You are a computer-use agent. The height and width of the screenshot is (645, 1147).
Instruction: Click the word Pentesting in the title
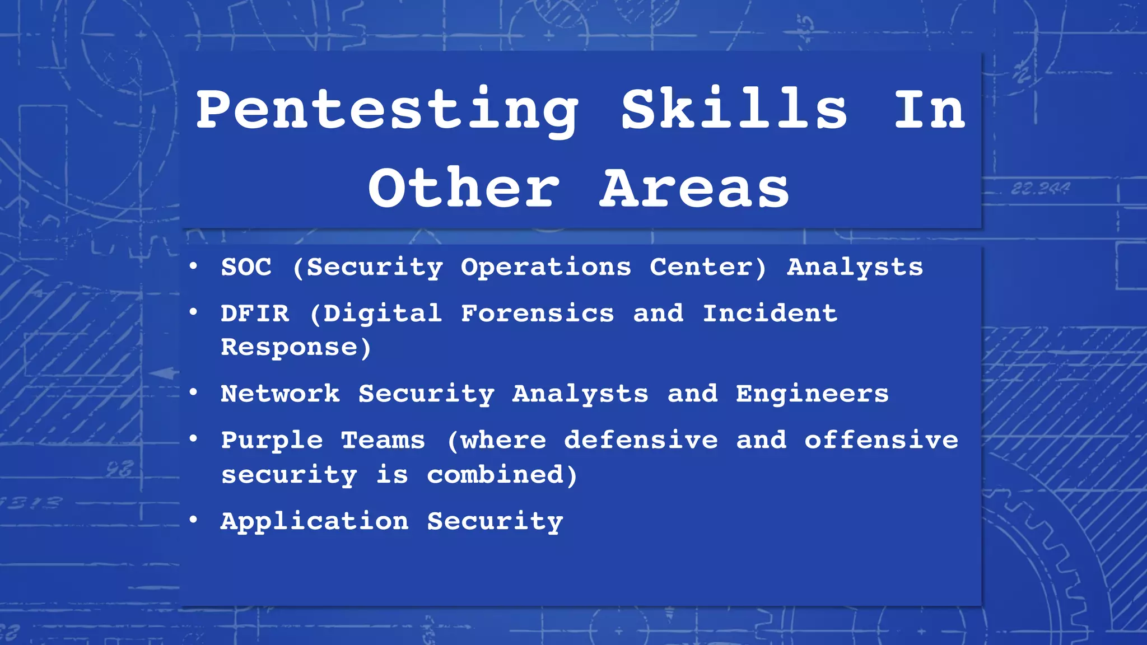386,110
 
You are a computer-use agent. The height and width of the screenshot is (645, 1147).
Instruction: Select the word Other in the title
464,188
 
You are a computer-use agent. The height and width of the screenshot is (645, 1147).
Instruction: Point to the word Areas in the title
694,188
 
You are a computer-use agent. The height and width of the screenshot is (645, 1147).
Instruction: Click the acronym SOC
246,267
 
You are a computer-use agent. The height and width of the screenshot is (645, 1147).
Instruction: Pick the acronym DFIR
255,314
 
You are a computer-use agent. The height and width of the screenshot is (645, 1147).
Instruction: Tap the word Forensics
537,314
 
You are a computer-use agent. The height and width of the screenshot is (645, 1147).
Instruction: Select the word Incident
770,314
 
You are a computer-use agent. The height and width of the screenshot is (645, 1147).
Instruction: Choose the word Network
280,394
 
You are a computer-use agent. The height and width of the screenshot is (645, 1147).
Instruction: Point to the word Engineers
812,394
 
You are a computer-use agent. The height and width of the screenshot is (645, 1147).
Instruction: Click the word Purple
272,441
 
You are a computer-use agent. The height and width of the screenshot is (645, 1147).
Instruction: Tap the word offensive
882,440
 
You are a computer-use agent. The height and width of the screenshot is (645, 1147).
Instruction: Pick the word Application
314,522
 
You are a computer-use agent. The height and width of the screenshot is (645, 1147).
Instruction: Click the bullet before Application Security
193,521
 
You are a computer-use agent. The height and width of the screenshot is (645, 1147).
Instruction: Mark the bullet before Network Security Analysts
193,393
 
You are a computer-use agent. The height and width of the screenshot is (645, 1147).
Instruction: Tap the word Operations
546,267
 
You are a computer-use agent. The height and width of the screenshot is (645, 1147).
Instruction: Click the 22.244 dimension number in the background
1040,189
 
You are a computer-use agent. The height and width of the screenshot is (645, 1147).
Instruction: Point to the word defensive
641,440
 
